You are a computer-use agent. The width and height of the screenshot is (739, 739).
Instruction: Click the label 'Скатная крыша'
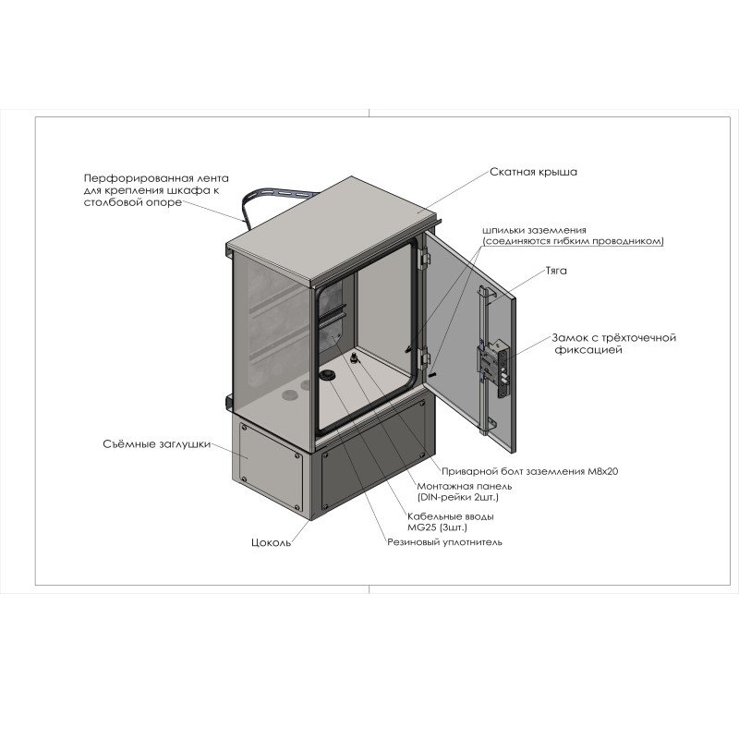(x=533, y=172)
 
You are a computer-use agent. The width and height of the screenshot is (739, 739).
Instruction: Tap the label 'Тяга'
(x=556, y=271)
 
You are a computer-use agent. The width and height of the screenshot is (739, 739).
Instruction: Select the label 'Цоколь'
(x=271, y=543)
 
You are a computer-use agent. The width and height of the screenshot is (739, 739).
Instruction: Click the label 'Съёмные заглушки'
(x=156, y=444)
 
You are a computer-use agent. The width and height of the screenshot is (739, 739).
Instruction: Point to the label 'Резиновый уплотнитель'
(x=444, y=542)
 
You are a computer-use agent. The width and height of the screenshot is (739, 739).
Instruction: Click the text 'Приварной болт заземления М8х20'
(x=529, y=471)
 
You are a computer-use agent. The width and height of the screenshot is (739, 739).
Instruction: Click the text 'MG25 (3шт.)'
(x=437, y=527)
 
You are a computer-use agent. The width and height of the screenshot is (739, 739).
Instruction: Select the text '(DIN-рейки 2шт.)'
(x=457, y=497)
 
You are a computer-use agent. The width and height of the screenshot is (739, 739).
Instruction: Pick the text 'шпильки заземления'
(x=535, y=230)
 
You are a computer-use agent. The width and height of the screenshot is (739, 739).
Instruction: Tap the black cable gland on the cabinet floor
(x=327, y=375)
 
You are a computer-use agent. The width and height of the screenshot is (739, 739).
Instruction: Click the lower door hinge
(x=426, y=359)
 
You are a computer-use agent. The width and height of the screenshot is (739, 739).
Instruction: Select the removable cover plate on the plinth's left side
(x=271, y=466)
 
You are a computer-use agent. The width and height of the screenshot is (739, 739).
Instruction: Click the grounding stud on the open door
(x=433, y=374)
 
